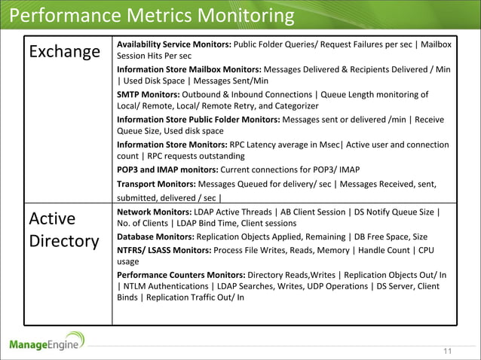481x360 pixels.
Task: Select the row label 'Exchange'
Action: (x=64, y=52)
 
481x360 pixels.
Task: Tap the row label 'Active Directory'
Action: (x=64, y=230)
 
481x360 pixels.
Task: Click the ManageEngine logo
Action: (x=47, y=343)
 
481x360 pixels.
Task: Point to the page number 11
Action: (x=448, y=350)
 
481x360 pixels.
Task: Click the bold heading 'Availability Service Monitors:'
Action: (x=173, y=44)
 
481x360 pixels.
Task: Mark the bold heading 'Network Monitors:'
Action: (x=154, y=212)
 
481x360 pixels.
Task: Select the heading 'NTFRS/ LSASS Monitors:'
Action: (x=164, y=249)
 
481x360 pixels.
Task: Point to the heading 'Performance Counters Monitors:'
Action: (x=180, y=274)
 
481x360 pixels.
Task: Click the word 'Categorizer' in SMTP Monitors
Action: (x=293, y=106)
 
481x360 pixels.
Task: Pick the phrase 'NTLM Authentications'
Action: (x=166, y=286)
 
